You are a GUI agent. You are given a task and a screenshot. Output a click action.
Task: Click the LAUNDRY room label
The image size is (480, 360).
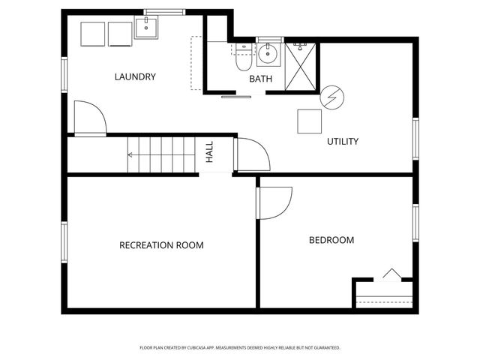click(x=135, y=76)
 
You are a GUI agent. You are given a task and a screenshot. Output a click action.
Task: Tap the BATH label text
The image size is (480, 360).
click(x=261, y=79)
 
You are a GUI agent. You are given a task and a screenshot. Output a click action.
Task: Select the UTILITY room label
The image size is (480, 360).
click(x=342, y=141)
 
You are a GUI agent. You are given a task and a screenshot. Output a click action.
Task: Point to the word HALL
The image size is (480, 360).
click(x=210, y=152)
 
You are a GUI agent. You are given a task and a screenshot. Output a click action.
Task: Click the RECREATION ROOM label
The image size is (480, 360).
click(x=161, y=245)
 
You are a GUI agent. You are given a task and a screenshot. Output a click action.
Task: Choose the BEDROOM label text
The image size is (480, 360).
click(x=331, y=240)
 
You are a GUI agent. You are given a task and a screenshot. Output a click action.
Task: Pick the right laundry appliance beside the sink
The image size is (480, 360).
click(x=119, y=34)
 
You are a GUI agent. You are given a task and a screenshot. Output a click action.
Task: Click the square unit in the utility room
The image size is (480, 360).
click(x=309, y=121)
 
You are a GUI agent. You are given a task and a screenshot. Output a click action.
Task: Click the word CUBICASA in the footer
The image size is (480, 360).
click(x=220, y=348)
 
